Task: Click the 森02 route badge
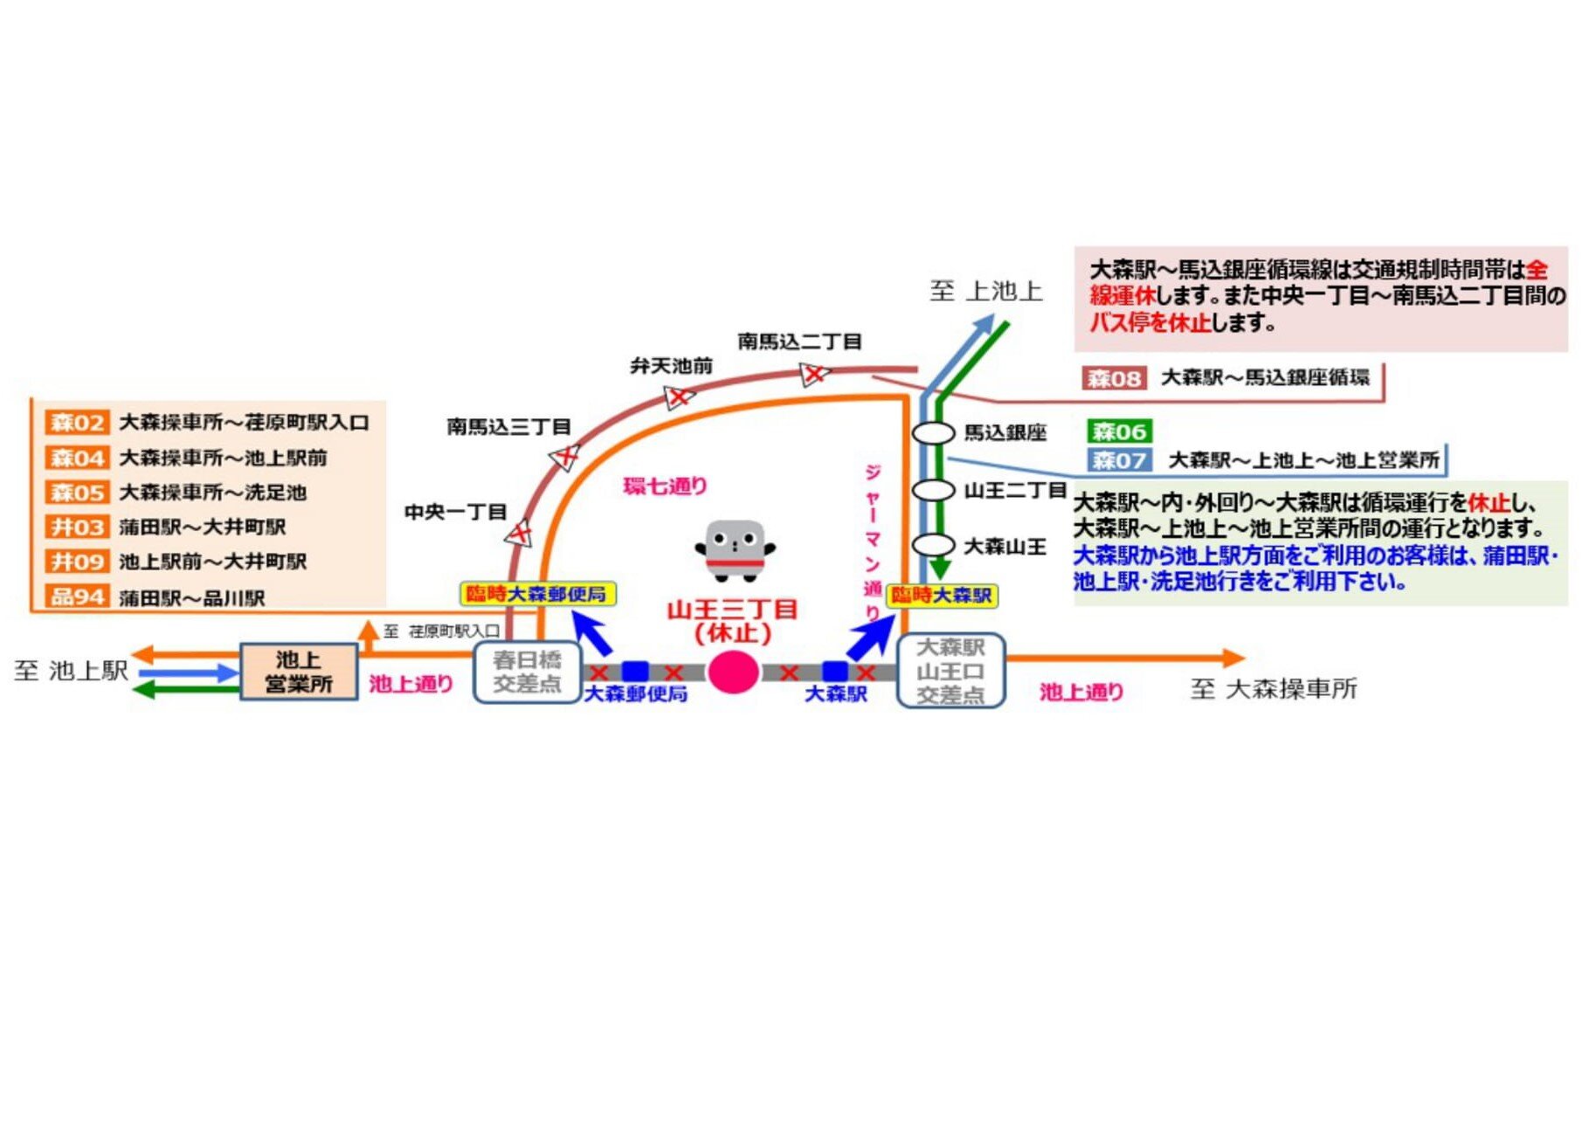(x=77, y=423)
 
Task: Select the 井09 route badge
(x=77, y=562)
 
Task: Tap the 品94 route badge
(x=77, y=597)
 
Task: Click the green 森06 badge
(x=1119, y=431)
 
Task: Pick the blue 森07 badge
(x=1119, y=459)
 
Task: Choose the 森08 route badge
(x=1113, y=378)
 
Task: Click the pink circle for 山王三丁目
(x=732, y=672)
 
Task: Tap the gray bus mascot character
(x=736, y=550)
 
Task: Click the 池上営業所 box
(x=299, y=672)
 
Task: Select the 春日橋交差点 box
(x=527, y=672)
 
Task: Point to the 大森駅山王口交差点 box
(x=951, y=671)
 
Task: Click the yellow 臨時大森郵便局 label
(x=537, y=595)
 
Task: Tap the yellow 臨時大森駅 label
(x=942, y=596)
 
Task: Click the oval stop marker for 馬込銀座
(x=933, y=433)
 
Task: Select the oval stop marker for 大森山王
(x=933, y=545)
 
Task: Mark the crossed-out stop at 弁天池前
(x=678, y=397)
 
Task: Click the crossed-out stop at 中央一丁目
(x=520, y=532)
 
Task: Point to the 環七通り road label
(x=665, y=486)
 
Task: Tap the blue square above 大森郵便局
(x=635, y=672)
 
